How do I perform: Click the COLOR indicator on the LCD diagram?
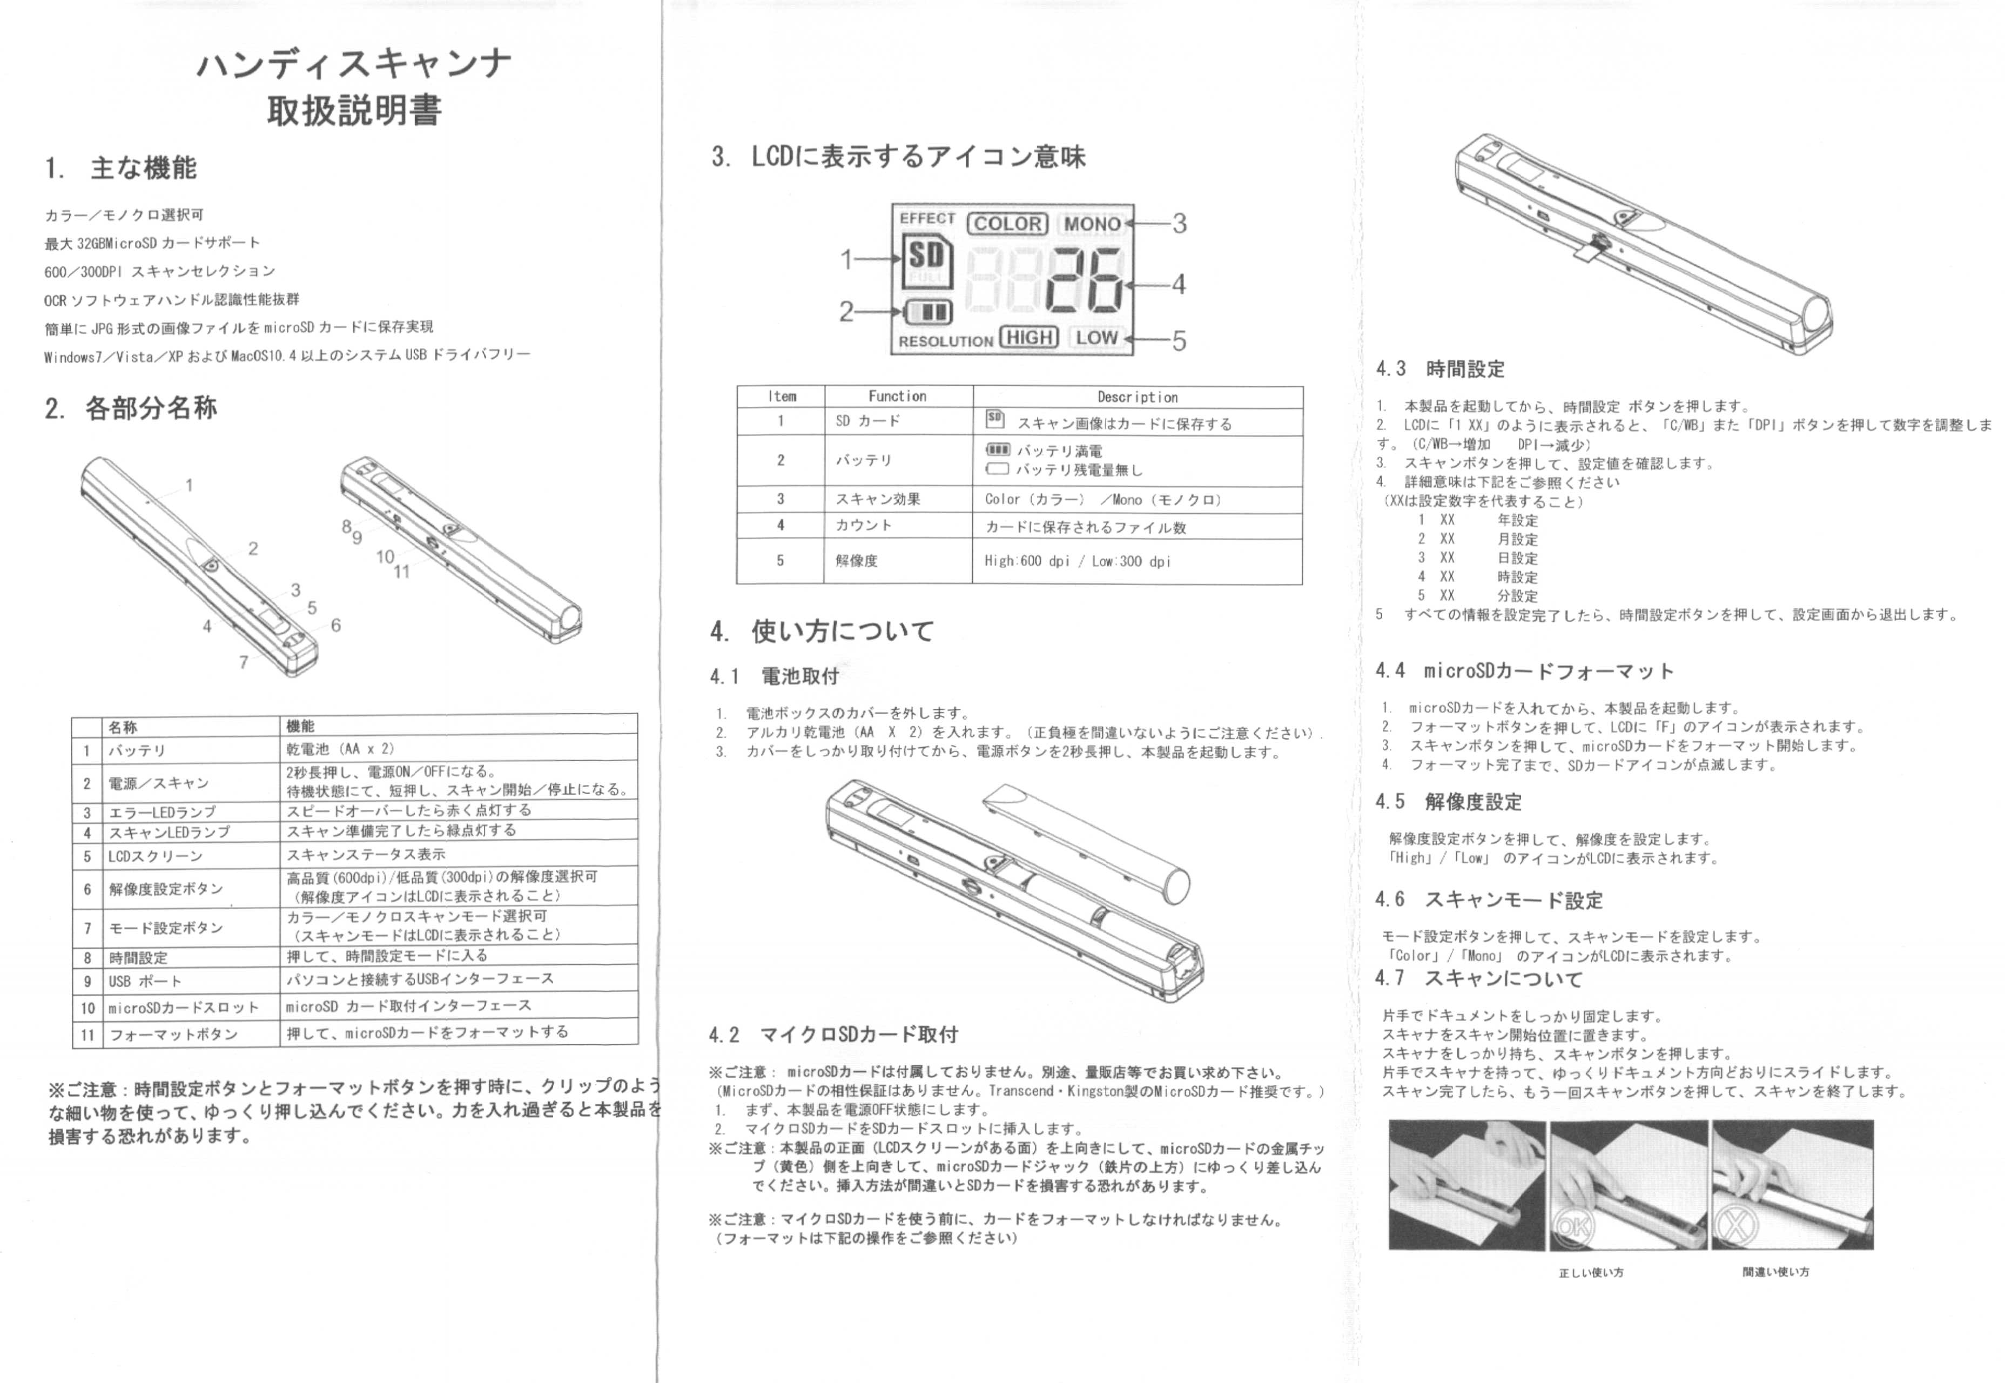1008,224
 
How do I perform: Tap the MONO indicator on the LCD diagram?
1093,224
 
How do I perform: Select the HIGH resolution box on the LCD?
1030,337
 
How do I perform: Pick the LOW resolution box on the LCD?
1097,337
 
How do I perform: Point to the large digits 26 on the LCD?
1084,279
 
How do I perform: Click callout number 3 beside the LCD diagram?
1179,224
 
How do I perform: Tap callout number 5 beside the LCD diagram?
1179,340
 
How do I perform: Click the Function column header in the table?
898,396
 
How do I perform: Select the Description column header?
1138,397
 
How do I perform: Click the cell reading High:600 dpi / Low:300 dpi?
1077,561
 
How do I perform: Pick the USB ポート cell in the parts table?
145,982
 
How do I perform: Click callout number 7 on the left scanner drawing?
244,662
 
